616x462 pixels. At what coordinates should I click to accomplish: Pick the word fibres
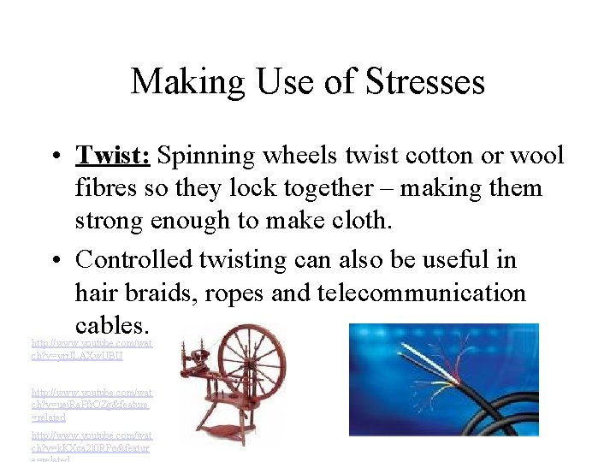pyautogui.click(x=106, y=187)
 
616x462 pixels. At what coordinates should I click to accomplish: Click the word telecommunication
pyautogui.click(x=422, y=293)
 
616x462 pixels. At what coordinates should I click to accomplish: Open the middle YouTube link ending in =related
pyautogui.click(x=90, y=404)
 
